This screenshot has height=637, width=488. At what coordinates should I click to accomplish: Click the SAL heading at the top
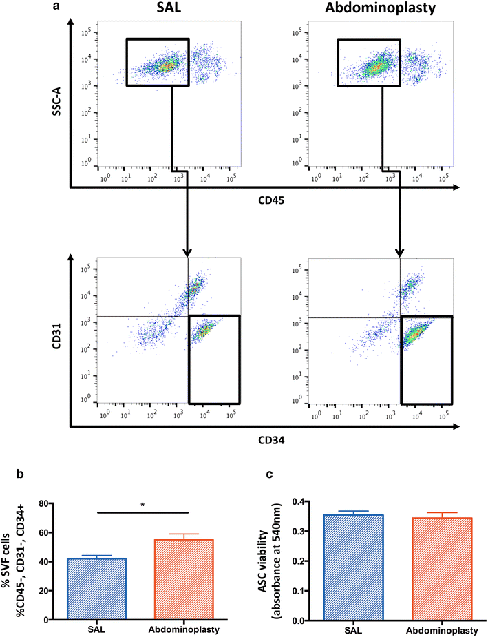point(167,10)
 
